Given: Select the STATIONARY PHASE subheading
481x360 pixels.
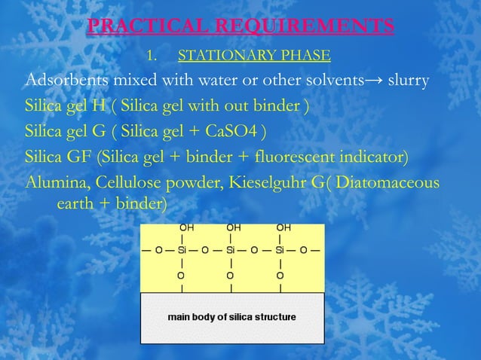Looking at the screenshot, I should (x=253, y=56).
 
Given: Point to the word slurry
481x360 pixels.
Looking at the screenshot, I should (x=407, y=81).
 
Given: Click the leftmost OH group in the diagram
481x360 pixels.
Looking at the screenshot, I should (x=184, y=227).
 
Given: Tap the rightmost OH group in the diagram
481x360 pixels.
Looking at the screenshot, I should (x=283, y=227).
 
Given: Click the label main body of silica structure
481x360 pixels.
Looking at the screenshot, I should (x=231, y=317).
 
